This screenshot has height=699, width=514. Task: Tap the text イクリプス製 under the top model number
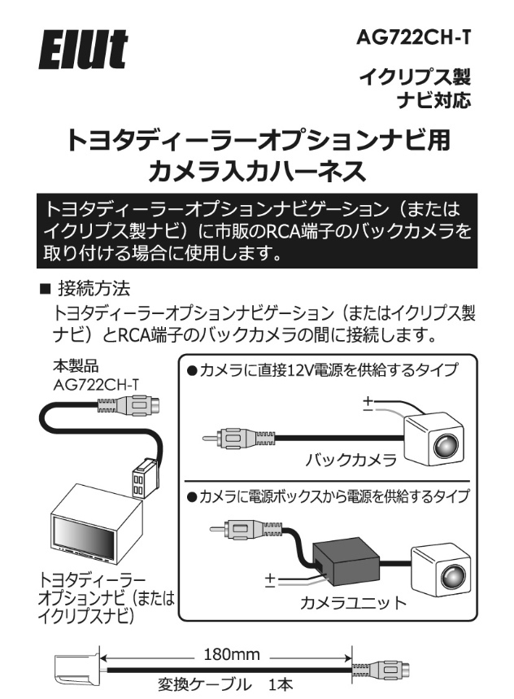coord(416,80)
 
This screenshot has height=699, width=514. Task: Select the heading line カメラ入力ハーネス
coord(256,172)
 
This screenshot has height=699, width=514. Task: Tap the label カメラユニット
coord(352,603)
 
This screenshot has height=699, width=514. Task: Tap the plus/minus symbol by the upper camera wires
coord(366,404)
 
